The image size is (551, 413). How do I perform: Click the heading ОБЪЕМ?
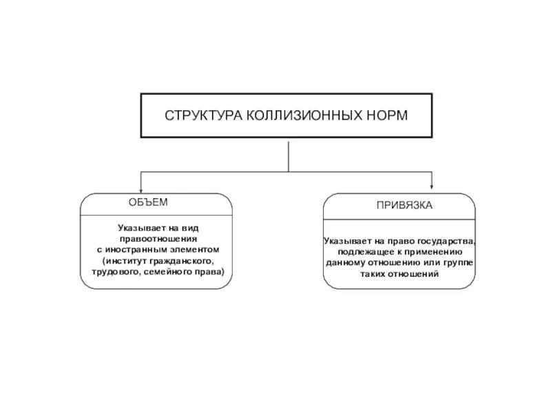[147, 202]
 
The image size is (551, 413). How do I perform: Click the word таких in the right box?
[373, 273]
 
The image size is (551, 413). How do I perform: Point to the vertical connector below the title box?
[288, 154]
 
